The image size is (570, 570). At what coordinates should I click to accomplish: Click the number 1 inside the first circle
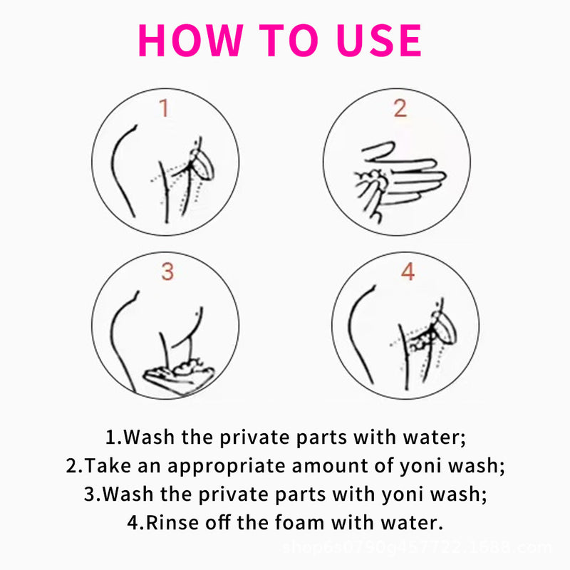[x=164, y=109]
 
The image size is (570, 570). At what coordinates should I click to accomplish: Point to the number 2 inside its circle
[x=400, y=108]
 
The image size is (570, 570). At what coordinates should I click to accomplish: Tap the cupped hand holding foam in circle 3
[x=178, y=372]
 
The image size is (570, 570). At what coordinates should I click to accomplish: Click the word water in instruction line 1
[x=435, y=436]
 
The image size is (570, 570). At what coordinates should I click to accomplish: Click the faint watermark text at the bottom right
[x=416, y=547]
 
